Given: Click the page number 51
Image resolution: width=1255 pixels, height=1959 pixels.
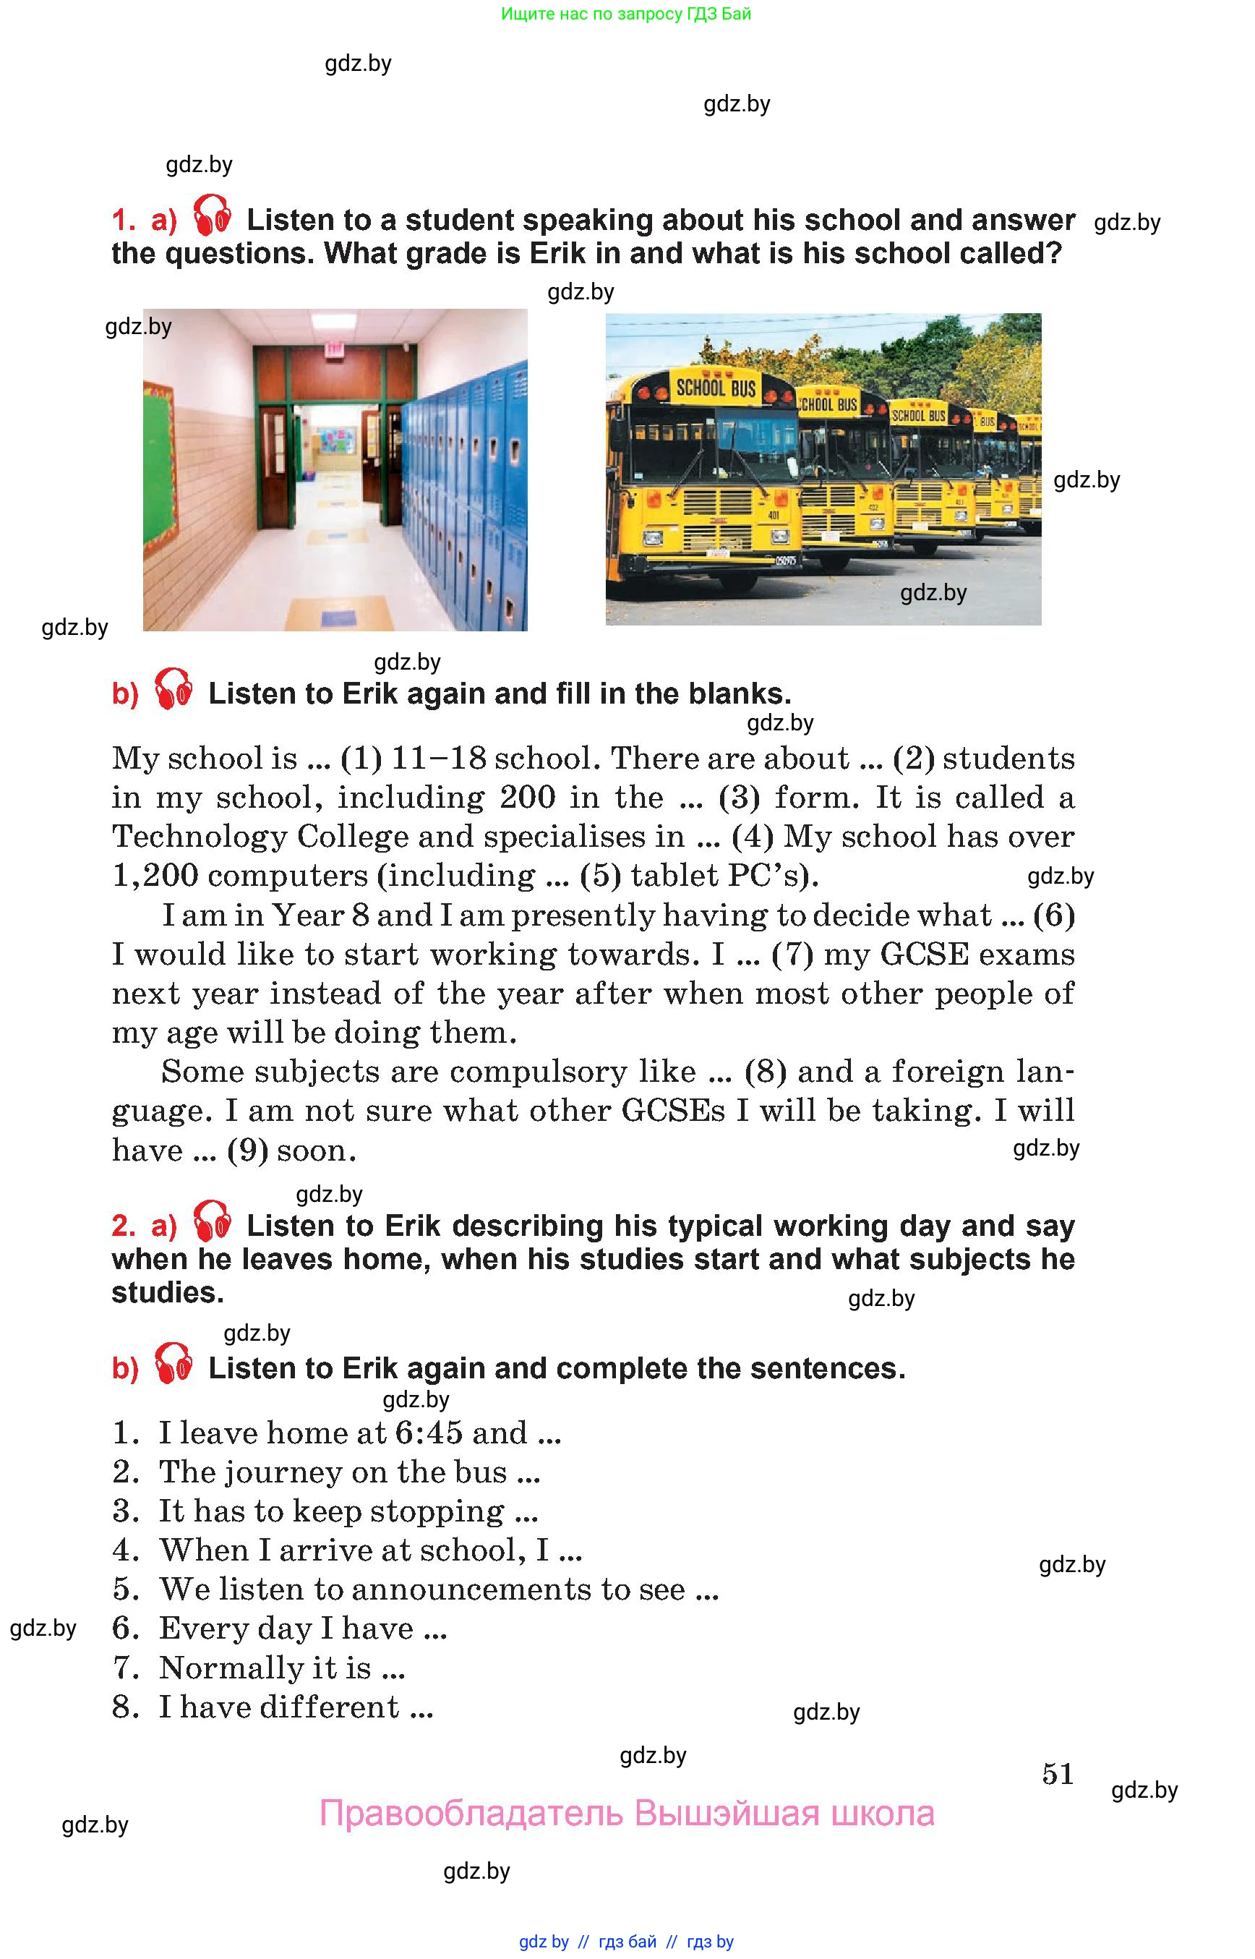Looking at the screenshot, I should click(x=1057, y=1773).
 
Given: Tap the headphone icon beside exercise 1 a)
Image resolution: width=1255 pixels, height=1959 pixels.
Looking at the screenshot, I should click(x=212, y=216).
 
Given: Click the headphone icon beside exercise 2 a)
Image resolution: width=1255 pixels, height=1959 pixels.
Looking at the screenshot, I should click(x=212, y=1221).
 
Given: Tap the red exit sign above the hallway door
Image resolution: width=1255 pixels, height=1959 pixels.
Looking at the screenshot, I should click(x=333, y=350).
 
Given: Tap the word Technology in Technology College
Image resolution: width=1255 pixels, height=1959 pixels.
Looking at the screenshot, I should click(x=199, y=837).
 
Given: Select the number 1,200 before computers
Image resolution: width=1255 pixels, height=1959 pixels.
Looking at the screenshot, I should click(x=155, y=876).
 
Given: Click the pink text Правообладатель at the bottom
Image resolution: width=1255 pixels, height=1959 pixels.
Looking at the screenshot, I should click(x=471, y=1814).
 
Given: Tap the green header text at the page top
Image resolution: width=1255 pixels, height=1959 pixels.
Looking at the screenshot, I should click(x=625, y=14).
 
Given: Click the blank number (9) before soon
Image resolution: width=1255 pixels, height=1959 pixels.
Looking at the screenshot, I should click(x=247, y=1151).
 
